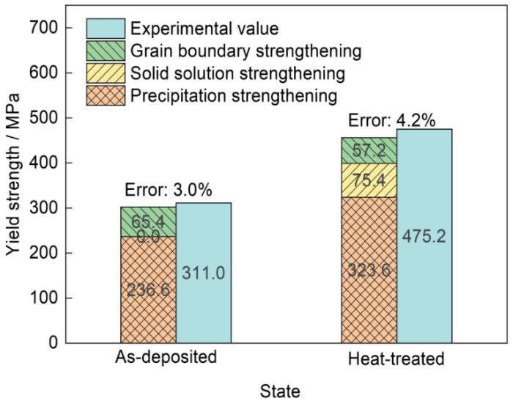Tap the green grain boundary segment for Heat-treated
click(369, 150)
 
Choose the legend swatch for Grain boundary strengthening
click(106, 51)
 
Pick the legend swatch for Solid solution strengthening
click(106, 73)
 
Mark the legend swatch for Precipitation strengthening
click(106, 95)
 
